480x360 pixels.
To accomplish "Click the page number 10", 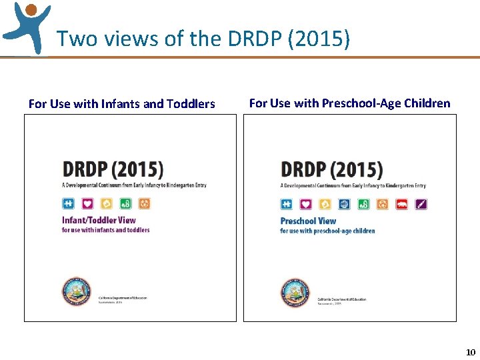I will point(471,352).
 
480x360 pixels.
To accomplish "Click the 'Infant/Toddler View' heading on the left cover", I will point(99,220).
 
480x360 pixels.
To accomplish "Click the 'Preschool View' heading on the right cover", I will point(308,221).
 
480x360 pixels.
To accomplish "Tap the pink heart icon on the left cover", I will point(87,203).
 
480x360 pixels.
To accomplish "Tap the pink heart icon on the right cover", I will point(305,204).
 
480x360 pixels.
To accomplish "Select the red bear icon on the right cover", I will point(402,204).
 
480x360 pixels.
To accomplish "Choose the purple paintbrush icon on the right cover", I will point(421,204).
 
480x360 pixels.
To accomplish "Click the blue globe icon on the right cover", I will point(345,204).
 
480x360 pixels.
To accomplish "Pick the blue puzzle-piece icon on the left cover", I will point(68,203).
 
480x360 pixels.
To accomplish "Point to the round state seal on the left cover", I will point(76,292).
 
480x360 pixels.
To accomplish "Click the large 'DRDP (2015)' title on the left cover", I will point(113,168).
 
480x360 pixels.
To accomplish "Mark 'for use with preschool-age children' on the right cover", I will point(327,231).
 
